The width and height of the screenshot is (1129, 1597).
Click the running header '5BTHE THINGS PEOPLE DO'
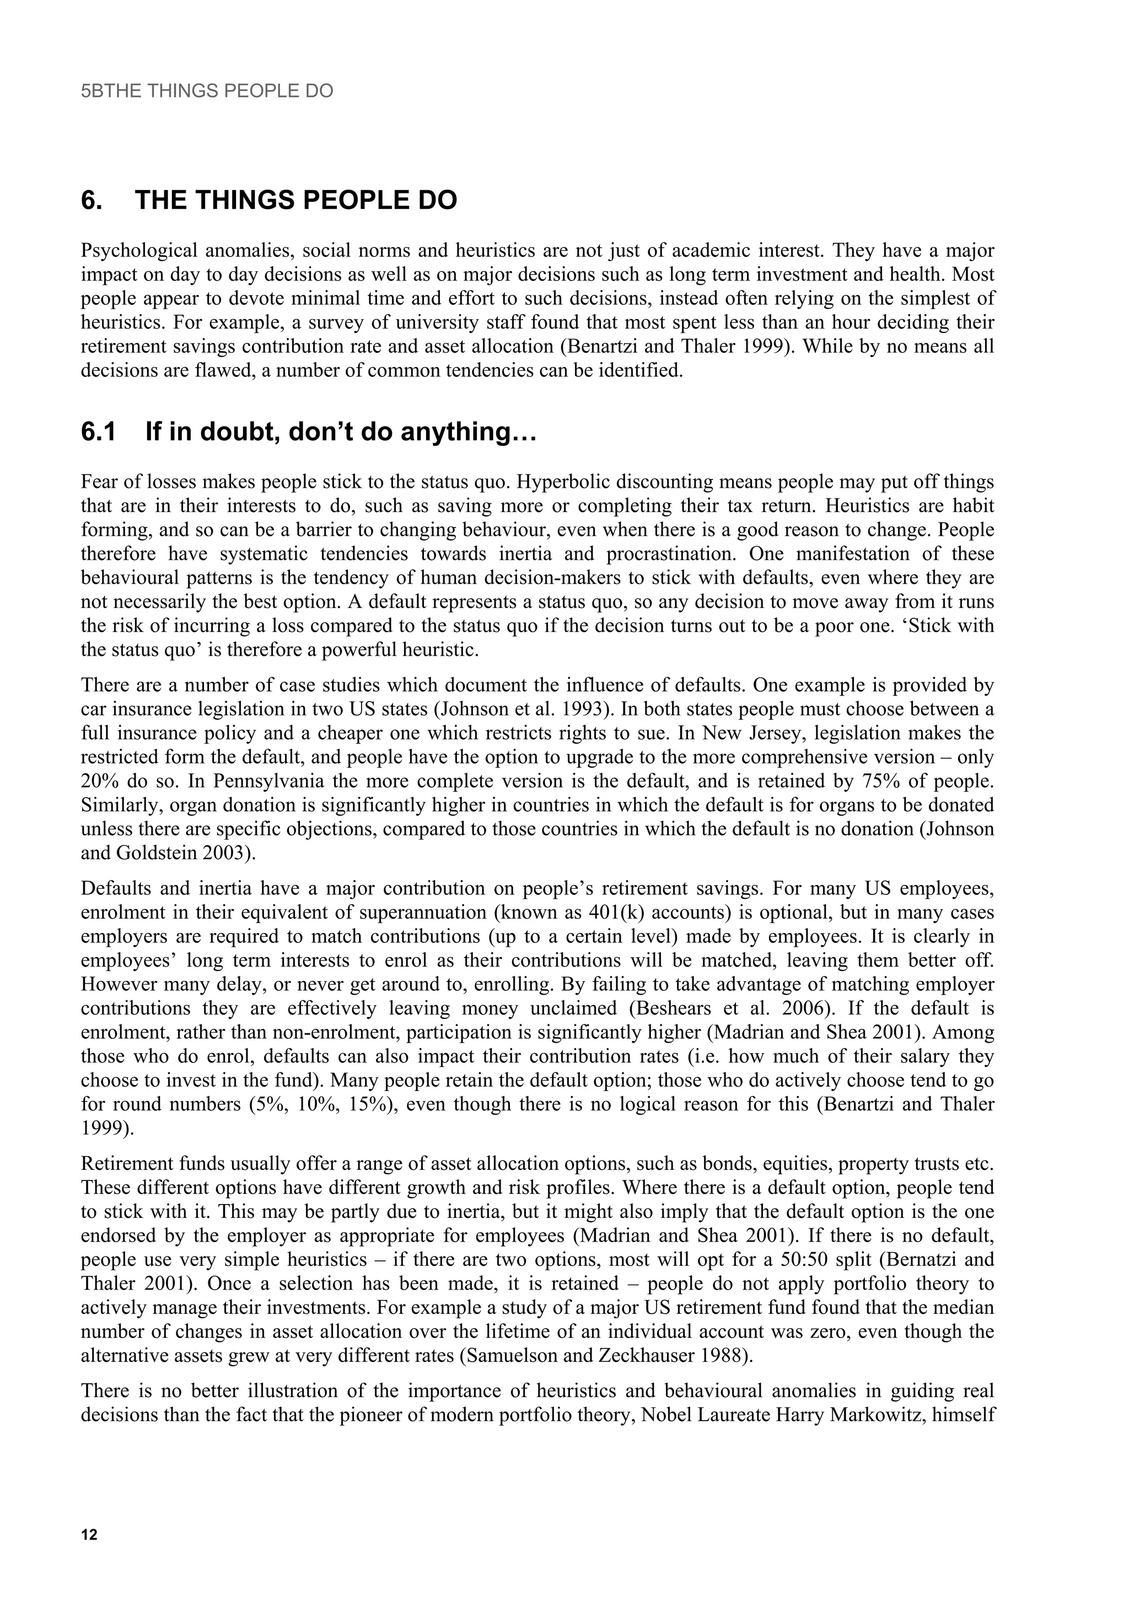(207, 91)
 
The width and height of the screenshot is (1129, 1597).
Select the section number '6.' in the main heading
(92, 201)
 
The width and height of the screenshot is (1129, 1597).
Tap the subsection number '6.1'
(98, 432)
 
